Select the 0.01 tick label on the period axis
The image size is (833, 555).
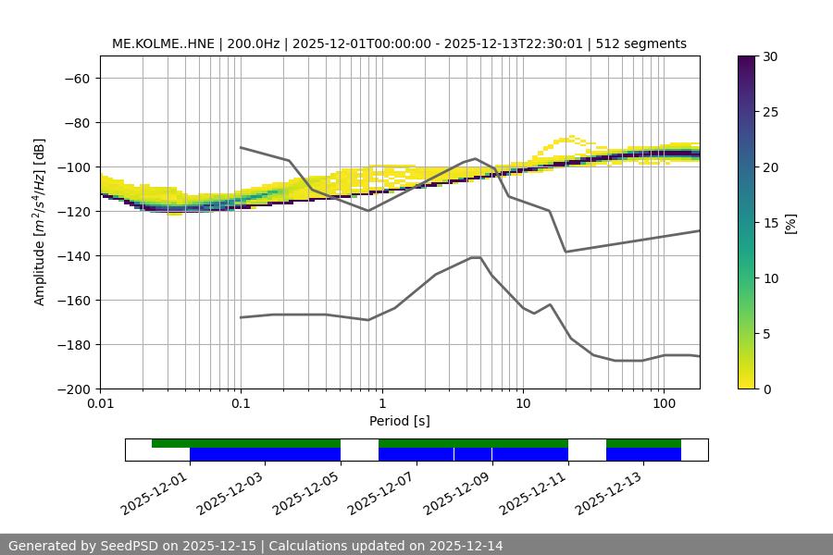(x=100, y=404)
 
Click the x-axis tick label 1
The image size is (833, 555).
(x=381, y=404)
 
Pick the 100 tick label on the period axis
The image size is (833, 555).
(x=663, y=404)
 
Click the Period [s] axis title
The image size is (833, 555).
(x=400, y=421)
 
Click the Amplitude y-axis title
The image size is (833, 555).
(x=40, y=222)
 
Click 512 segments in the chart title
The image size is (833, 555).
(x=641, y=43)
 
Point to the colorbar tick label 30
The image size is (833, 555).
(x=769, y=56)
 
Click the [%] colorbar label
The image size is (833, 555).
(x=789, y=222)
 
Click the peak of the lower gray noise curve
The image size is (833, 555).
(x=476, y=257)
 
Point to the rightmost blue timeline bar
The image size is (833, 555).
(x=643, y=454)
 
